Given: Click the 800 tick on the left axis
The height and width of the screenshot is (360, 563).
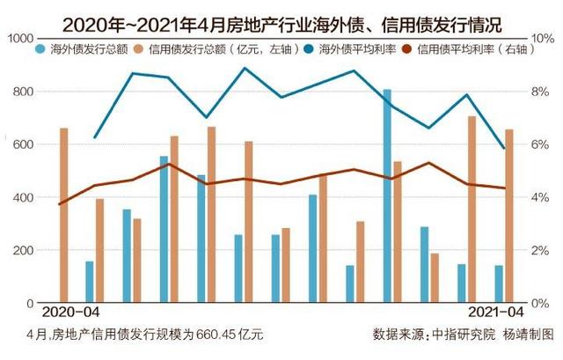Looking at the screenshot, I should [23, 92].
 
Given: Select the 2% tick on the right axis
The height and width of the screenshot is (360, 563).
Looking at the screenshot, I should [538, 250].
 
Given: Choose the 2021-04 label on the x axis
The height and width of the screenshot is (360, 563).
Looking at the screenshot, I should [492, 313].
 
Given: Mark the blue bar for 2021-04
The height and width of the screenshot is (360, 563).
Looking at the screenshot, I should [499, 283].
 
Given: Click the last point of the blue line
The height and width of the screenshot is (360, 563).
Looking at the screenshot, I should [504, 148].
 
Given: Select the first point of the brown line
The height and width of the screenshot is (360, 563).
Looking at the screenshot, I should [60, 204].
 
